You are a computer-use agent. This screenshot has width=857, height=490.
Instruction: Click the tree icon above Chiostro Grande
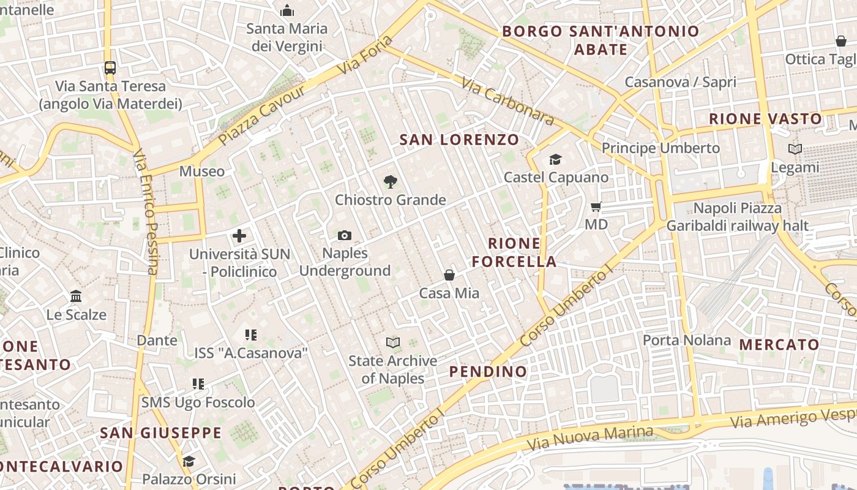pyautogui.click(x=390, y=181)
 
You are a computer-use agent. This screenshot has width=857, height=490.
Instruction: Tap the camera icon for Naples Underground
pyautogui.click(x=345, y=235)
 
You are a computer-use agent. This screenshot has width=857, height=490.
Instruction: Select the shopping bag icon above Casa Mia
pyautogui.click(x=449, y=275)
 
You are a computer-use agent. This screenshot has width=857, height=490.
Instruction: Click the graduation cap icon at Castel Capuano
pyautogui.click(x=555, y=159)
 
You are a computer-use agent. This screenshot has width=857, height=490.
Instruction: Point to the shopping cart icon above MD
pyautogui.click(x=596, y=206)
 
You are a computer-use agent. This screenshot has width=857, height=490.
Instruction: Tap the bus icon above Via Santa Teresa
pyautogui.click(x=110, y=67)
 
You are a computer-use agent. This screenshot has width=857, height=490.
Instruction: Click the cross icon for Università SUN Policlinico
pyautogui.click(x=239, y=235)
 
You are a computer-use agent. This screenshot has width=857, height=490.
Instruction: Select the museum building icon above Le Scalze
pyautogui.click(x=76, y=296)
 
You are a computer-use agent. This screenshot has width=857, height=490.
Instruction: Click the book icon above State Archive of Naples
pyautogui.click(x=393, y=342)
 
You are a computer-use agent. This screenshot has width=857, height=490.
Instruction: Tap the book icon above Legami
pyautogui.click(x=795, y=149)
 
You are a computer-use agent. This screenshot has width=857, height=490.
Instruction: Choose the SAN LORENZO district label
pyautogui.click(x=459, y=140)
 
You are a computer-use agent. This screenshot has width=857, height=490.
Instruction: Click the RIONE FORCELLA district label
pyautogui.click(x=514, y=252)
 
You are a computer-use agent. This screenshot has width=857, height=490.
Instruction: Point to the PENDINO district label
pyautogui.click(x=488, y=371)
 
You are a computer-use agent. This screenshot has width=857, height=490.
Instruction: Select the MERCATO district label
pyautogui.click(x=779, y=344)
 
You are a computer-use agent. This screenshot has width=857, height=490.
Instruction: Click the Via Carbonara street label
pyautogui.click(x=507, y=101)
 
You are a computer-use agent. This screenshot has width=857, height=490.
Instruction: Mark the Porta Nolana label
pyautogui.click(x=687, y=340)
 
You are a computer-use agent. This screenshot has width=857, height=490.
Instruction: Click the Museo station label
pyautogui.click(x=202, y=171)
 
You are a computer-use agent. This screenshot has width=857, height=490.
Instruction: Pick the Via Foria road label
pyautogui.click(x=365, y=55)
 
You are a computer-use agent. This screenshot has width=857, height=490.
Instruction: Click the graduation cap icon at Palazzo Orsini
pyautogui.click(x=189, y=461)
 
